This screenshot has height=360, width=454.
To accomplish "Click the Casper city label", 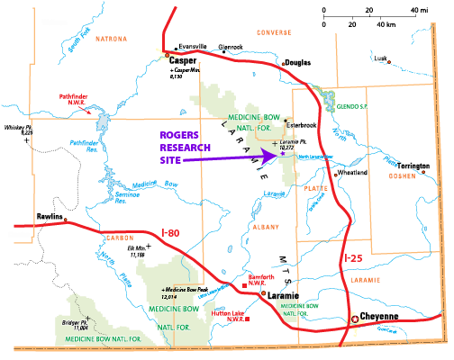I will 183,61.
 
